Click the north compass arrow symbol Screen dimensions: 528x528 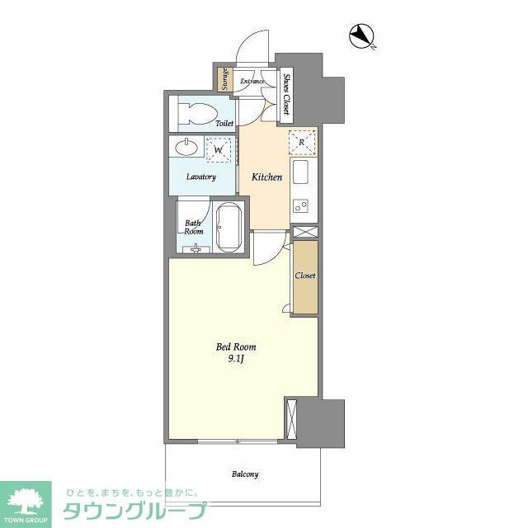point(361,35)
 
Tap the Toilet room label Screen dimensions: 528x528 point(224,123)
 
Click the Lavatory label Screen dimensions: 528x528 point(200,177)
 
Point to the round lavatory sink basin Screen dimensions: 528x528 point(186,148)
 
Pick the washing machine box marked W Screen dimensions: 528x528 point(219,150)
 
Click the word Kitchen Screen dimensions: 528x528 point(266,177)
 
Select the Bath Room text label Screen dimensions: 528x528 point(193,227)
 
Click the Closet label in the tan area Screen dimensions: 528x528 point(305,276)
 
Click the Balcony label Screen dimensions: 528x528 point(244,474)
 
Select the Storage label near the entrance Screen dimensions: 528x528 point(224,79)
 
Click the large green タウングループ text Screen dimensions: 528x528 point(132,510)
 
